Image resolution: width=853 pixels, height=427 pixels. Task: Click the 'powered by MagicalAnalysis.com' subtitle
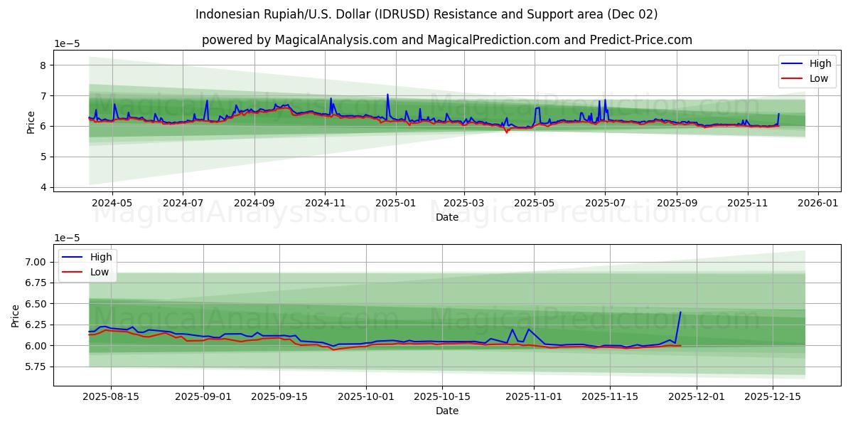[x=446, y=40]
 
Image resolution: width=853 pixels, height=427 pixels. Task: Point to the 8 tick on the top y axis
[x=43, y=65]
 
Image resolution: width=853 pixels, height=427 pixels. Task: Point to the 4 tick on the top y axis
[x=43, y=187]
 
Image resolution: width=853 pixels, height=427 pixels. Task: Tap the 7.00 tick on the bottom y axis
[x=36, y=262]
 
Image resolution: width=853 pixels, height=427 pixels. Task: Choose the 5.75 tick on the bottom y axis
[x=36, y=367]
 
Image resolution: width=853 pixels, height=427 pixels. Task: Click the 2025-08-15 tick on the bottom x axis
[x=110, y=397]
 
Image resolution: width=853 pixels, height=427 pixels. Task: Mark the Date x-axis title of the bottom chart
[x=446, y=411]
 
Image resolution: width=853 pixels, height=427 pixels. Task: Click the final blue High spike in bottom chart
[x=680, y=312]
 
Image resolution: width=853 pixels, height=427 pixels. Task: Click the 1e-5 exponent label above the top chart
[x=67, y=44]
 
